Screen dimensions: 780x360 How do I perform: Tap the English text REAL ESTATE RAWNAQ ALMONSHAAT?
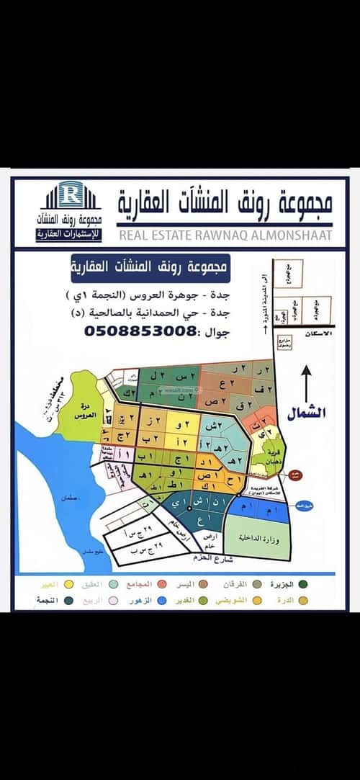[225, 235]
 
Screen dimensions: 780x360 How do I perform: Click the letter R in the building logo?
[71, 193]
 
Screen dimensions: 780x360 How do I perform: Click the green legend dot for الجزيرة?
[305, 583]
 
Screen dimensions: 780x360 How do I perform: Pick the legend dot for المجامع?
[163, 583]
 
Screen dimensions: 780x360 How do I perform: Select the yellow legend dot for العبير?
[70, 583]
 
